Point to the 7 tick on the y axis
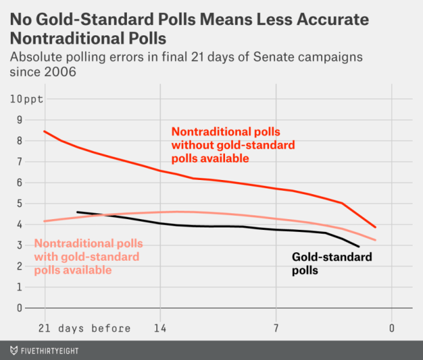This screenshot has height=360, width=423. point(19,162)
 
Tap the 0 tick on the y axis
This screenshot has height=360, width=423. point(19,308)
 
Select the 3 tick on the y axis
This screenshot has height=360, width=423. point(19,245)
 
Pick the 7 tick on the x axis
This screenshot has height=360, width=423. point(276,329)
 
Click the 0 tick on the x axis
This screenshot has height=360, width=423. point(391,329)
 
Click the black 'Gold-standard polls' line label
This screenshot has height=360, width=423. point(331,264)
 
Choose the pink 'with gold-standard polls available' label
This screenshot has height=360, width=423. point(87,257)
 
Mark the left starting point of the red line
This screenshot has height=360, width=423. point(44,131)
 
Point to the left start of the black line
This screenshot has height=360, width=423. point(77,212)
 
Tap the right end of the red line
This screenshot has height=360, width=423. point(376,227)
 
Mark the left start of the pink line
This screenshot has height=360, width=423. point(44,221)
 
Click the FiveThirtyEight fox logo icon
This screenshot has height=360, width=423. point(13,350)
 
